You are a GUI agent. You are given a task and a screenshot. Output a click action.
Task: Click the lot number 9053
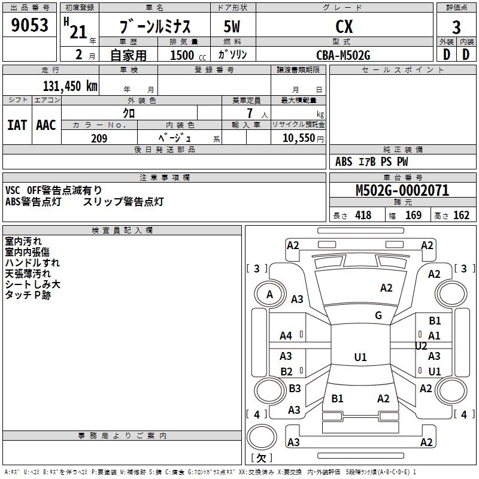29,25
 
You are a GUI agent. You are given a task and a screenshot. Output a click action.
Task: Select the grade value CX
344,26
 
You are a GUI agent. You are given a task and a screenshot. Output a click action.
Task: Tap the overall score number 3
456,28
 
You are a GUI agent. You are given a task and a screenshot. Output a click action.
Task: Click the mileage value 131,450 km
70,86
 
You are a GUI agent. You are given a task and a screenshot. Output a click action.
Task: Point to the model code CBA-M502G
343,55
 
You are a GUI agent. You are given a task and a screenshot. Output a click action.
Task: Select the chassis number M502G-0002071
402,190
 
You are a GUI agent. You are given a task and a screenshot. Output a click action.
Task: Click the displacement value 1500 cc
188,55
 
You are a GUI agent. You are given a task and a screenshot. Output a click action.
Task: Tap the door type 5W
232,26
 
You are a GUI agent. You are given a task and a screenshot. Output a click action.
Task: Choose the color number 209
99,138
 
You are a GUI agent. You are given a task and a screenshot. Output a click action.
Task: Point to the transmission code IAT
17,125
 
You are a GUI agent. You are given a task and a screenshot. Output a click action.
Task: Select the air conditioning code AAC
46,125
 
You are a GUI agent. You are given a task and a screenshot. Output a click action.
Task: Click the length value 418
363,216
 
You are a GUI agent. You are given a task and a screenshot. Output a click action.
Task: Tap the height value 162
461,216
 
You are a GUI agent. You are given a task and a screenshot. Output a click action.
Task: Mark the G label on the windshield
378,315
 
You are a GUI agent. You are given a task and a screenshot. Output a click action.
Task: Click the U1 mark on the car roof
360,357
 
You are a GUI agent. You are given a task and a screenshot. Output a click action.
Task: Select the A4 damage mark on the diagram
286,336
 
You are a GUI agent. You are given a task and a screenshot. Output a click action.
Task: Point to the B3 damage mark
295,388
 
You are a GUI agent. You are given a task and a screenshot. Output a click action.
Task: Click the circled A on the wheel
269,295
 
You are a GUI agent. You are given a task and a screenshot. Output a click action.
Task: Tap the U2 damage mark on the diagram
421,346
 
